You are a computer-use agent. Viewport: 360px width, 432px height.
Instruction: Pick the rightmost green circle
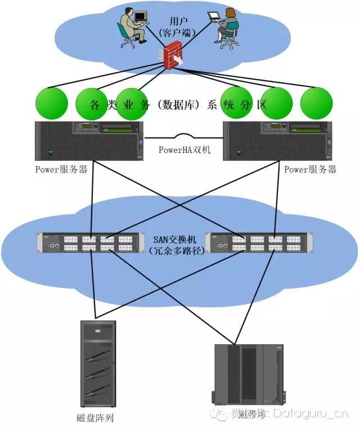click(x=317, y=103)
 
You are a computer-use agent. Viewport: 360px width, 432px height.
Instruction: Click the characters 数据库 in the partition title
click(x=179, y=105)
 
